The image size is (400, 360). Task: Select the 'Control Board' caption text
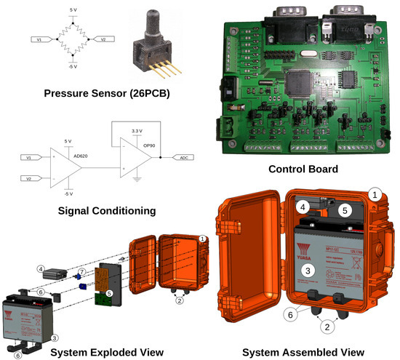[303, 169]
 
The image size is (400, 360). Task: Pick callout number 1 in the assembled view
[375, 194]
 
